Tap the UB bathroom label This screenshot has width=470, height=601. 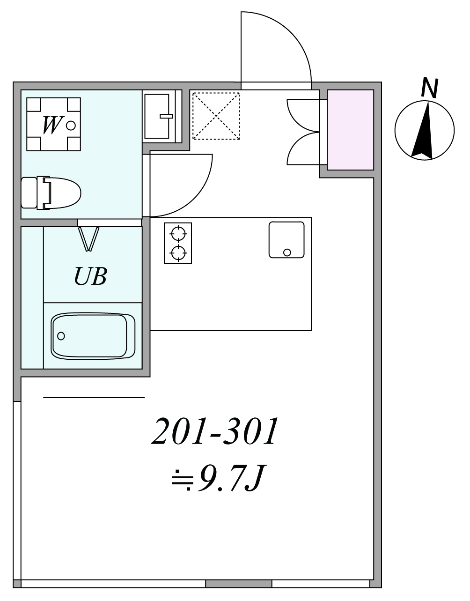point(90,276)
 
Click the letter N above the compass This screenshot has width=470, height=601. point(430,88)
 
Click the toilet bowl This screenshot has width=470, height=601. point(62,193)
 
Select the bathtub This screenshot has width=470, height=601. point(93,336)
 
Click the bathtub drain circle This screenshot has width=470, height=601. point(61,336)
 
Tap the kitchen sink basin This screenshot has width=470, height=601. point(286,240)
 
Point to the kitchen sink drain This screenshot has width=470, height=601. point(287,252)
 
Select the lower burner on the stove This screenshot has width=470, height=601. point(178,253)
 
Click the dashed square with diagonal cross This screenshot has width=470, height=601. point(216,116)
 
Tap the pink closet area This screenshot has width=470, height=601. point(350,130)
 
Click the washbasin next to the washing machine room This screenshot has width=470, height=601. point(157,116)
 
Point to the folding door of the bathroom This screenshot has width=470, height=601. point(88,239)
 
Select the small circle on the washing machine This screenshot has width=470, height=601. point(71,126)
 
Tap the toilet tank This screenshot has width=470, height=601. point(29,193)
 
